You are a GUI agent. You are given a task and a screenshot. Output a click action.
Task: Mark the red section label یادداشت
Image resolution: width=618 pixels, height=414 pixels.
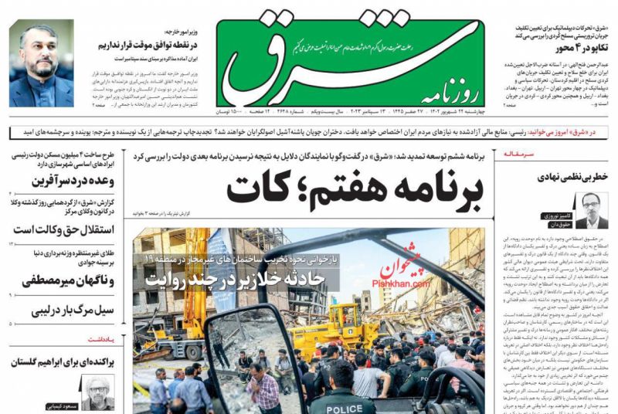(x=101, y=338)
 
